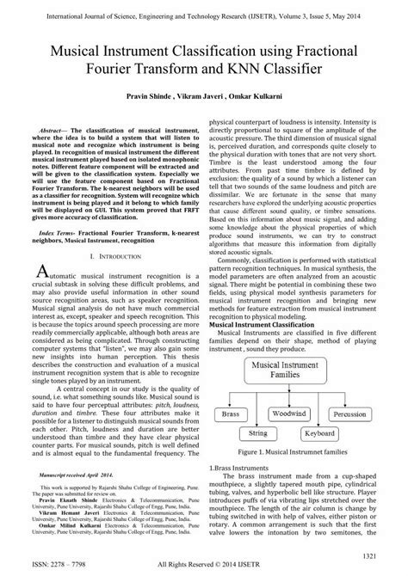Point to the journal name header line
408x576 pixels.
click(x=204, y=11)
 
